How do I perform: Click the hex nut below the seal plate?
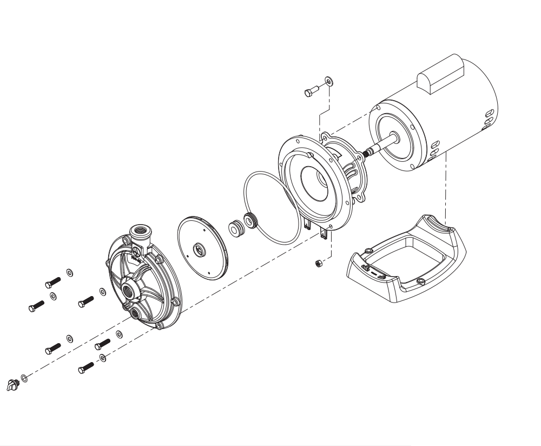(x=319, y=263)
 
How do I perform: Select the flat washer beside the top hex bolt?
(x=329, y=82)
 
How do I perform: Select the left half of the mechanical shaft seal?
(x=235, y=227)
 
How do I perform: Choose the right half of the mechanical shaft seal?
(x=250, y=221)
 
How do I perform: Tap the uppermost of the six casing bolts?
(x=52, y=283)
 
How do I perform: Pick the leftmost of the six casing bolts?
(x=37, y=307)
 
